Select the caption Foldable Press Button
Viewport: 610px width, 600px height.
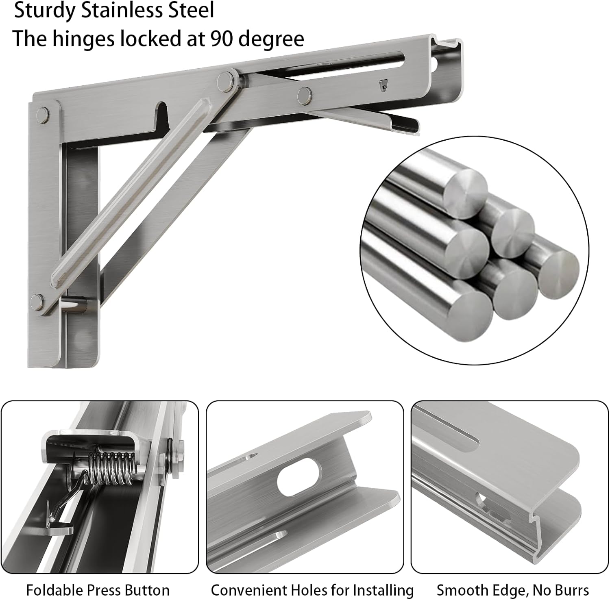click(98, 590)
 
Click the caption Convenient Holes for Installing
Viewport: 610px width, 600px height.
click(312, 590)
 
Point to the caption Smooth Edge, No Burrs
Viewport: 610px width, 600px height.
click(513, 590)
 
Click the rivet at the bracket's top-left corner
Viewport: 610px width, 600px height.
click(43, 115)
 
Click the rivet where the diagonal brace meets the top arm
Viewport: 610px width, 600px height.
click(225, 80)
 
